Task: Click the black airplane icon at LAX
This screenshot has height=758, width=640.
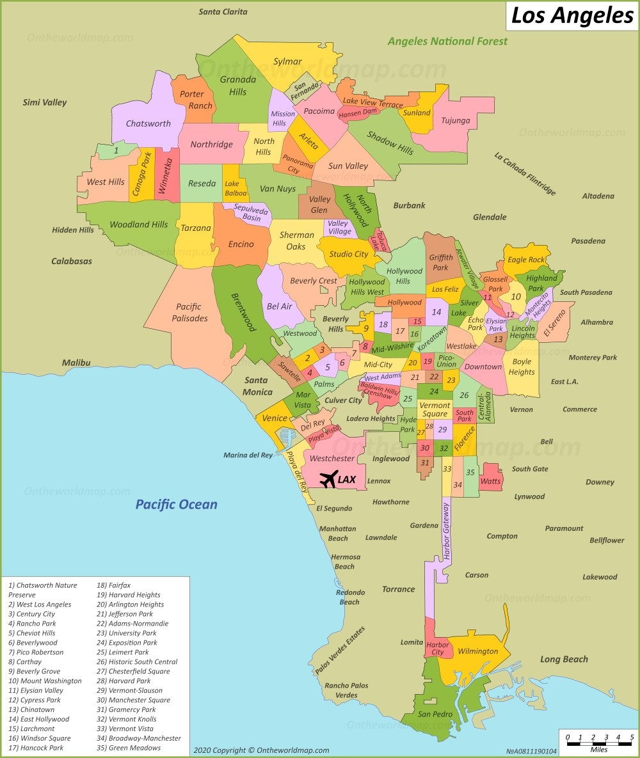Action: (x=328, y=478)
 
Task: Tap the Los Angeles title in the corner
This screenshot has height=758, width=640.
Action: (x=573, y=15)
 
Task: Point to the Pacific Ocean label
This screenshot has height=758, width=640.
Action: (x=176, y=505)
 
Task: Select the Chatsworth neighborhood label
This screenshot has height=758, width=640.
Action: (x=148, y=123)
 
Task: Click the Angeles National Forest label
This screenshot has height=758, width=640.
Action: (x=447, y=41)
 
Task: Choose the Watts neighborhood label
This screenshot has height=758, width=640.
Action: (x=490, y=480)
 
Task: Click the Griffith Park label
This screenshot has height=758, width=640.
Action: (x=440, y=262)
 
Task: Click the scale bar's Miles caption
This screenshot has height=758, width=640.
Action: (x=599, y=749)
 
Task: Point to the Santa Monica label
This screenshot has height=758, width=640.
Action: (x=258, y=386)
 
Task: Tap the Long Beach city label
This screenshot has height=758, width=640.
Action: (x=563, y=659)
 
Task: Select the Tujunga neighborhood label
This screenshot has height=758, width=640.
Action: (x=455, y=120)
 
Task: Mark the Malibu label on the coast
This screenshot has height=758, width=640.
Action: (x=76, y=363)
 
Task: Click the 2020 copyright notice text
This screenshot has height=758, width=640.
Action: (x=261, y=750)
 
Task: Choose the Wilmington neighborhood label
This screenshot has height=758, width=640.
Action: (x=477, y=651)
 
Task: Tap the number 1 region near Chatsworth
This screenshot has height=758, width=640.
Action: (x=116, y=151)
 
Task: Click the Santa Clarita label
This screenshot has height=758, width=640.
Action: (x=223, y=12)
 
